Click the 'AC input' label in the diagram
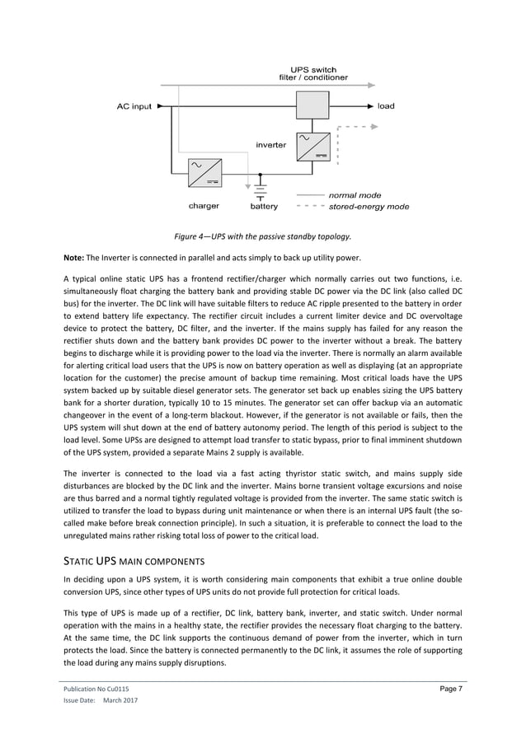[x=134, y=106]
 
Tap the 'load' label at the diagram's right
[x=386, y=106]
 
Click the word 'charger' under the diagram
[x=204, y=206]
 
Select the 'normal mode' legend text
[x=355, y=195]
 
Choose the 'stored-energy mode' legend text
[x=369, y=207]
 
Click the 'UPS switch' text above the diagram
[x=313, y=69]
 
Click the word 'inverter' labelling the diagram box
[x=270, y=145]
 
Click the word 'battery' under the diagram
[x=264, y=206]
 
